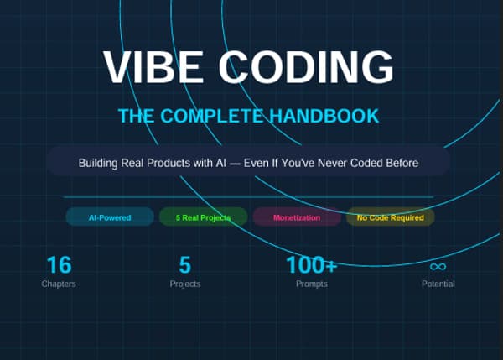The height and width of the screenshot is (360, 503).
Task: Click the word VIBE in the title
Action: pos(148,67)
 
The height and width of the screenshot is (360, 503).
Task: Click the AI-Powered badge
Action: pos(110,217)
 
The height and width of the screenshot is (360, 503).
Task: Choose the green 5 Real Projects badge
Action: pos(203,217)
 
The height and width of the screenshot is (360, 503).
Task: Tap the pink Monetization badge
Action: pos(297,217)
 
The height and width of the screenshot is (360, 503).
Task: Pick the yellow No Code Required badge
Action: pos(390,217)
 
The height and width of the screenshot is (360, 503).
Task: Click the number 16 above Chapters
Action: pos(59,265)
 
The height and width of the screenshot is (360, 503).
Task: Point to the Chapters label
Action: pos(59,284)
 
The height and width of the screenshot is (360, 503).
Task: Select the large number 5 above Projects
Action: pos(184,265)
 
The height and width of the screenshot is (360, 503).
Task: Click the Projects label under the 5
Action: pos(184,284)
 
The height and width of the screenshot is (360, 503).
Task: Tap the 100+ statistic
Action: pos(311,265)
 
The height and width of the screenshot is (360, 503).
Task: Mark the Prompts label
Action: pos(311,284)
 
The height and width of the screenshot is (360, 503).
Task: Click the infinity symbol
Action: pos(438,266)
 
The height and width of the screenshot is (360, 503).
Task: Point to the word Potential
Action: pos(438,284)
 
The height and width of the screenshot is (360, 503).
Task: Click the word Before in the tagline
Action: pos(399,162)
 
